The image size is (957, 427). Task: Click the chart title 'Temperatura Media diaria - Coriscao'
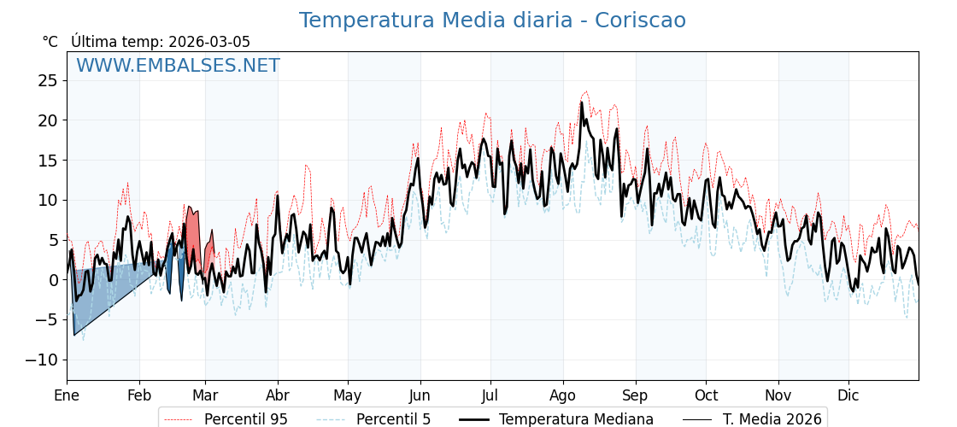click(492, 20)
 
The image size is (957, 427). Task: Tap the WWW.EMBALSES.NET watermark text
click(178, 66)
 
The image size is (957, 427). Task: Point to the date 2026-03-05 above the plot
click(209, 42)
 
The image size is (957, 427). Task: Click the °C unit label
click(50, 42)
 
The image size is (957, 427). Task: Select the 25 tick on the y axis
click(48, 80)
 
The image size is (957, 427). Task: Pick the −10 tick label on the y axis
click(43, 360)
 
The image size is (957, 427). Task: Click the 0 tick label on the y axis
click(53, 280)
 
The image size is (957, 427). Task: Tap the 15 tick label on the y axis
click(48, 161)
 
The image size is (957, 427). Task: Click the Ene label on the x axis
click(67, 395)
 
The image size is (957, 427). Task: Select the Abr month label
click(278, 395)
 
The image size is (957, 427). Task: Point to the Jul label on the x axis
click(490, 395)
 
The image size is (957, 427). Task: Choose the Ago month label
click(563, 395)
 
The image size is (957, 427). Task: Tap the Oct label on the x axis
click(706, 395)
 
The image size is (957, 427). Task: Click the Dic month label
click(848, 395)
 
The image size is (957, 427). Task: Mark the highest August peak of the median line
click(582, 103)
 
